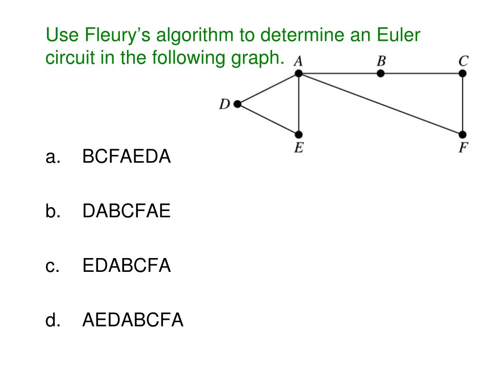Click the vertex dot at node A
coord(299,73)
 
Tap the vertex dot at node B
coord(380,73)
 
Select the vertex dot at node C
coord(463,73)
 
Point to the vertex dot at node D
coord(237,104)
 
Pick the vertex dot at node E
coord(299,135)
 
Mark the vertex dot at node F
coord(463,135)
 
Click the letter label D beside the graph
coord(224,104)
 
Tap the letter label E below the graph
coord(298,148)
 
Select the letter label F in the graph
coord(463,148)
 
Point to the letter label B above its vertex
coord(381,61)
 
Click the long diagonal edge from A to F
coord(380,104)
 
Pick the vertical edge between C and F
coord(463,104)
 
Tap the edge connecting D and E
coord(268,120)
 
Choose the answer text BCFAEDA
coord(127,156)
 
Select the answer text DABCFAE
coord(126,211)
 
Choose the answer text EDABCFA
coord(127,266)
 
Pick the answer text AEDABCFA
coord(133,320)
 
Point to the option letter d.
coord(51,321)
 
